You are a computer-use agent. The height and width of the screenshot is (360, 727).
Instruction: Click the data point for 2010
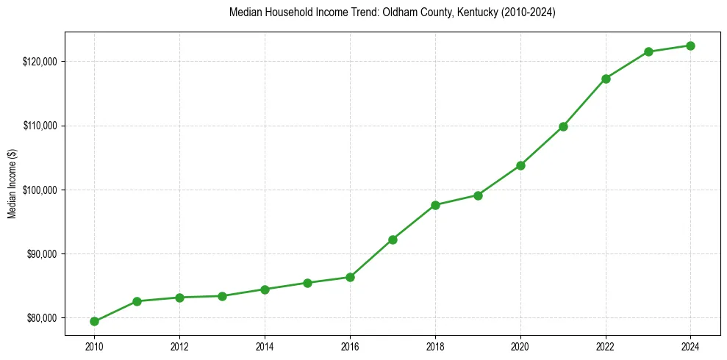(x=94, y=321)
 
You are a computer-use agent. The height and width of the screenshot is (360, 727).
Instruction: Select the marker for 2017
(x=393, y=240)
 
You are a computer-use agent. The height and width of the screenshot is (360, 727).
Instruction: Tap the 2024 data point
(x=690, y=46)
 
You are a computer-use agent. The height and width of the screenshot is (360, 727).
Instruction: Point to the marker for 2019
(x=478, y=195)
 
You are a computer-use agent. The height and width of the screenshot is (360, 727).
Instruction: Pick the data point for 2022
(x=606, y=79)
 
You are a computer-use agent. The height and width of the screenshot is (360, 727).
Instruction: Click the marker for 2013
(x=222, y=296)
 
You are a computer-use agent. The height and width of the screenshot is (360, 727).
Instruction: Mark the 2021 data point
(x=563, y=126)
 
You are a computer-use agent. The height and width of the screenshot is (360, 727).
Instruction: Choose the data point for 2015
(x=307, y=283)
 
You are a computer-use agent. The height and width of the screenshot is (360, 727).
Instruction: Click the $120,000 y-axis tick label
(x=41, y=61)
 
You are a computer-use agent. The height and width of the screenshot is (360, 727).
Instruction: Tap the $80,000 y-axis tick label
(x=43, y=318)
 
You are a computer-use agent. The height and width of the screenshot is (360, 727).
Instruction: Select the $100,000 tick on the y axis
(x=41, y=190)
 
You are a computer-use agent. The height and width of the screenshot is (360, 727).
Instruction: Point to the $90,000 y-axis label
(x=43, y=254)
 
